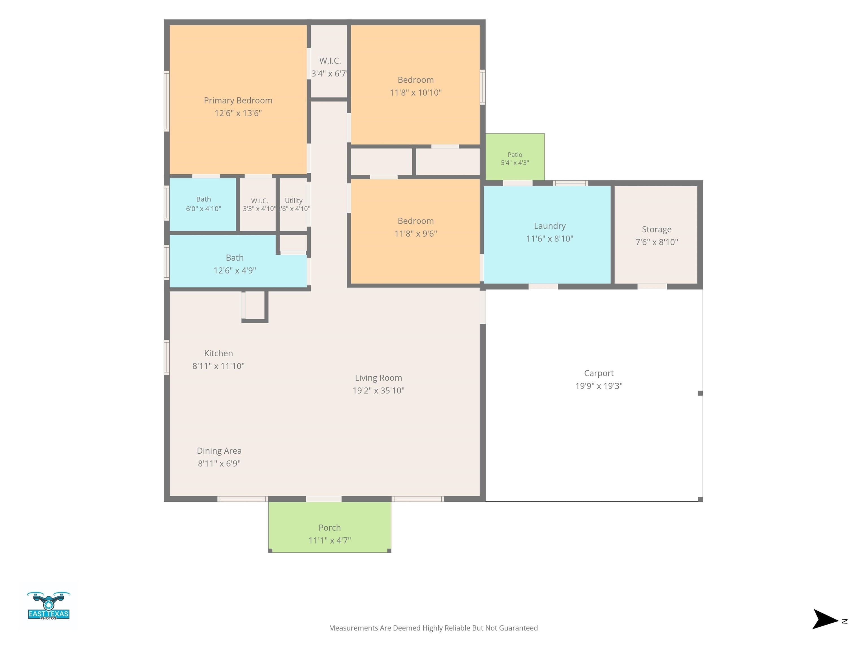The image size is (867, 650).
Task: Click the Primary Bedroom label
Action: point(238,100)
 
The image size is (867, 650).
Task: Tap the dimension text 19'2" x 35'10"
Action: point(378,390)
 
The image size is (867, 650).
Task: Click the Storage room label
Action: point(656,229)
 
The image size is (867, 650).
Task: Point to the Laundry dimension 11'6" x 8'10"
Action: point(549,239)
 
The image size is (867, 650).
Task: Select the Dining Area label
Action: point(219,451)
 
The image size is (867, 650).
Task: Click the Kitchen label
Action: point(218,353)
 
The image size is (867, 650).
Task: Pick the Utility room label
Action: point(294,201)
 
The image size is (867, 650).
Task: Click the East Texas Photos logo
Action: point(49,606)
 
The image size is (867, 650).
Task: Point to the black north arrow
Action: point(825,619)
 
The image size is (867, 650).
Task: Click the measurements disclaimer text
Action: point(433,628)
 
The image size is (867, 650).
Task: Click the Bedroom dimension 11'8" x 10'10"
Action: point(415,93)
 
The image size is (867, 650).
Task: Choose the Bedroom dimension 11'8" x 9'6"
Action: point(415,234)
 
